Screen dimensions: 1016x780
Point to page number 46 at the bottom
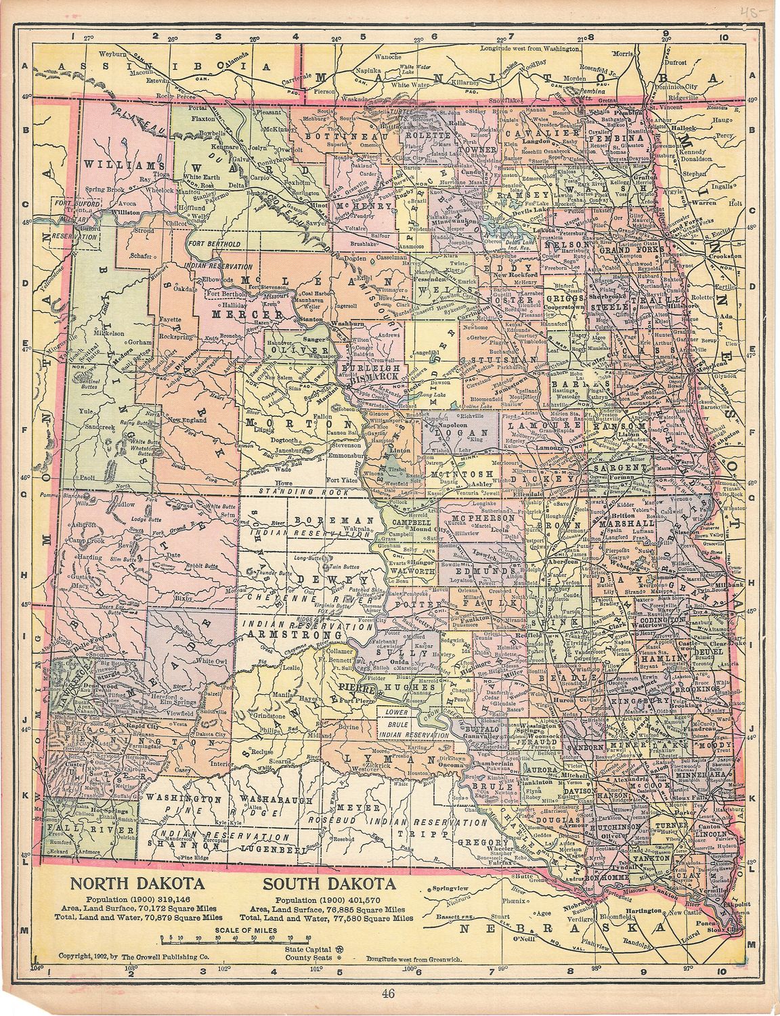click(388, 994)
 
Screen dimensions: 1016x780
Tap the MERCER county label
click(237, 314)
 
